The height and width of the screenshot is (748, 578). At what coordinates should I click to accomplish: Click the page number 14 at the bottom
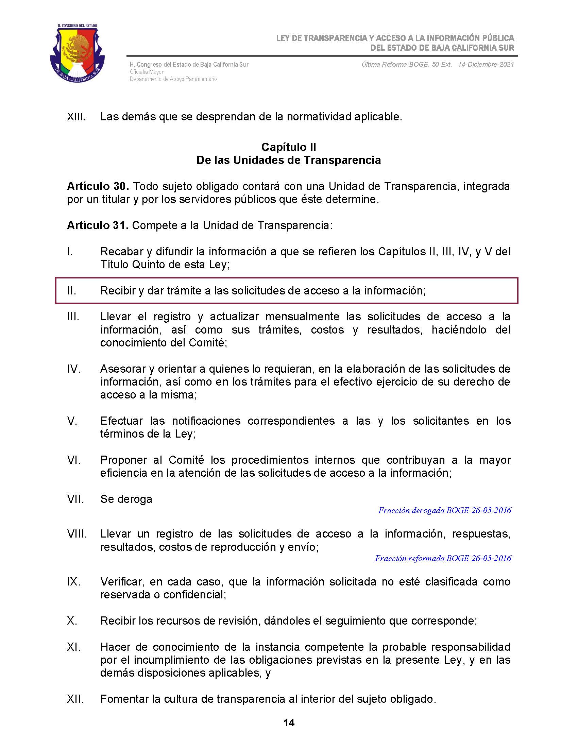click(289, 723)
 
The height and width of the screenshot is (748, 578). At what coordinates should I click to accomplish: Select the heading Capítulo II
click(289, 147)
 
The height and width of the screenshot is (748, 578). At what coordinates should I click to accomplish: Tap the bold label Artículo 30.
click(98, 186)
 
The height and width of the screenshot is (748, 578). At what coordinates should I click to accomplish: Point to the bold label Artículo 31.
click(98, 225)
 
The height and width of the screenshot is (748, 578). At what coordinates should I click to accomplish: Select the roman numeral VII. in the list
click(75, 499)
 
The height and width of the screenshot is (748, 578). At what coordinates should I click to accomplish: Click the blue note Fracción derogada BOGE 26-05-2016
click(444, 510)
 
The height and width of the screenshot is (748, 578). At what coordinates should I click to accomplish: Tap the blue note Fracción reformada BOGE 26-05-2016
click(443, 558)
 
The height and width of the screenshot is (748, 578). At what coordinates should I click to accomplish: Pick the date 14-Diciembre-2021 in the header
click(486, 64)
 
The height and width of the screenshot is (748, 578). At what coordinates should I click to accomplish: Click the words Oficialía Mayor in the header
click(147, 72)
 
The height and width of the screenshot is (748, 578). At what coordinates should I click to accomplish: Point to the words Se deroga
click(126, 499)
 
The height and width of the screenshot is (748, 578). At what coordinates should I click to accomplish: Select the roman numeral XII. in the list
click(75, 699)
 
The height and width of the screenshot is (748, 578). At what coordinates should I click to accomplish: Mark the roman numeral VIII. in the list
click(77, 534)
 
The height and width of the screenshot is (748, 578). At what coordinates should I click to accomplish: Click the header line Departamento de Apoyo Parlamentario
click(173, 79)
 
